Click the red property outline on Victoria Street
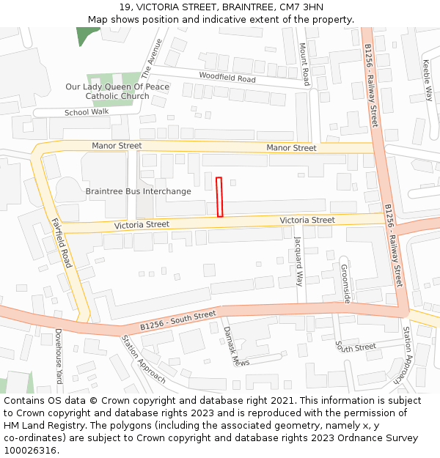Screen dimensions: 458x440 coord(219,196)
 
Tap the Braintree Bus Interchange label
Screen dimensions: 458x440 coord(138,191)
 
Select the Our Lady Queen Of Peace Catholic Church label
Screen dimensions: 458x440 coord(117,92)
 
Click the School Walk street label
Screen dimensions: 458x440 coord(87,112)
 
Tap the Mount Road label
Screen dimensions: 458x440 coord(303,63)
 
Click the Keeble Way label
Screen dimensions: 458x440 coord(428,80)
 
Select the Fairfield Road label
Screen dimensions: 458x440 coord(62,243)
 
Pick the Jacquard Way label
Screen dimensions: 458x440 coord(298,261)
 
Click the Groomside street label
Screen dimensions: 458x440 coord(345,284)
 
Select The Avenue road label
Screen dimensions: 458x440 coord(151,59)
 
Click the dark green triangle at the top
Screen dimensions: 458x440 coord(87,36)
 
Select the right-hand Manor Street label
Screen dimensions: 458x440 coord(291,148)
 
